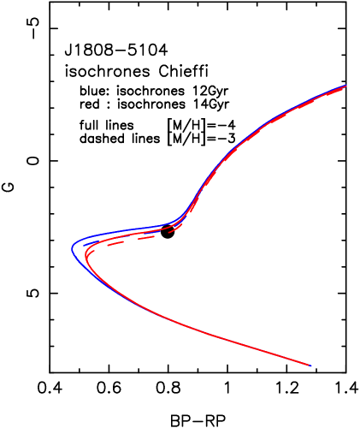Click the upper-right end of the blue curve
click(345, 86)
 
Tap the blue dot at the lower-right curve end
click(310, 366)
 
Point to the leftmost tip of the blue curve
click(73, 249)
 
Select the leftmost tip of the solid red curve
click(86, 254)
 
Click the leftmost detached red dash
click(115, 243)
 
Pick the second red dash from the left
click(146, 237)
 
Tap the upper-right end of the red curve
click(344, 87)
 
